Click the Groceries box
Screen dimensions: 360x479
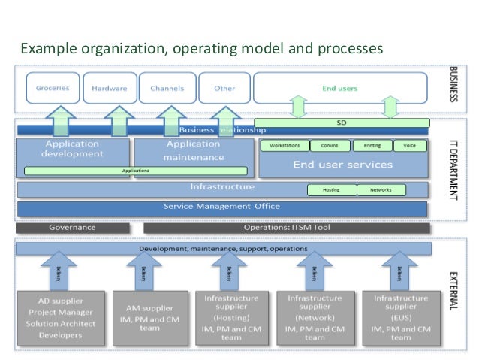coord(53,88)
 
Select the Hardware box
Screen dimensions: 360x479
coord(109,88)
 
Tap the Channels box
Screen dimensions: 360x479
coord(167,88)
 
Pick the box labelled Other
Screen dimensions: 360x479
coord(224,88)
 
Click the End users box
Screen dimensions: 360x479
coord(339,88)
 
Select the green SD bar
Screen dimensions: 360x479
coord(342,122)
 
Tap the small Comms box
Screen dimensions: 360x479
coord(329,146)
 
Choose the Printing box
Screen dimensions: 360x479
coord(372,146)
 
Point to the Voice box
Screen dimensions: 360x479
coord(409,146)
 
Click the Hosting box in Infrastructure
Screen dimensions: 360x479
coord(331,190)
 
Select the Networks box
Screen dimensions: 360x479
coord(381,190)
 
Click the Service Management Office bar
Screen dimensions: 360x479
coord(222,207)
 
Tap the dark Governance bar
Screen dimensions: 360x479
coord(72,227)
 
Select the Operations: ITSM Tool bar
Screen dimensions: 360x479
coord(287,227)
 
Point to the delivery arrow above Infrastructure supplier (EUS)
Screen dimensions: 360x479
coord(399,271)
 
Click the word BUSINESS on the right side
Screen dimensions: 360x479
coord(453,85)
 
